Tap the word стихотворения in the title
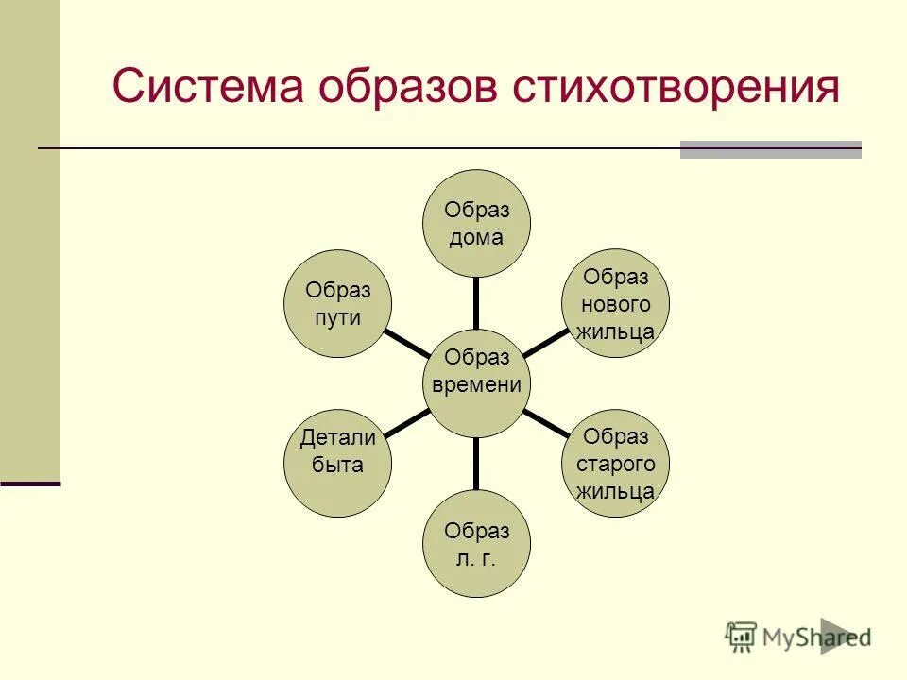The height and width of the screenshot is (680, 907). (676, 87)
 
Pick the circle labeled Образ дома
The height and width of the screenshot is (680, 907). (476, 224)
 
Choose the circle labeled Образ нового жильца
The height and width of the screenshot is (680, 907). (616, 303)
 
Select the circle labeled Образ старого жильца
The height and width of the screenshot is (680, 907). (616, 463)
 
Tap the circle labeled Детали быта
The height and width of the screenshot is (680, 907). (338, 463)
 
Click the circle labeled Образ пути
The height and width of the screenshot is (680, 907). (338, 303)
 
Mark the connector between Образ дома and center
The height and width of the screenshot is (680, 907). (476, 303)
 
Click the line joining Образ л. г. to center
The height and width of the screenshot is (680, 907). (476, 463)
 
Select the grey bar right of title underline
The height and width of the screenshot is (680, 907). (770, 149)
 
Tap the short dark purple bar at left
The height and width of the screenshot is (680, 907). (30, 484)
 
